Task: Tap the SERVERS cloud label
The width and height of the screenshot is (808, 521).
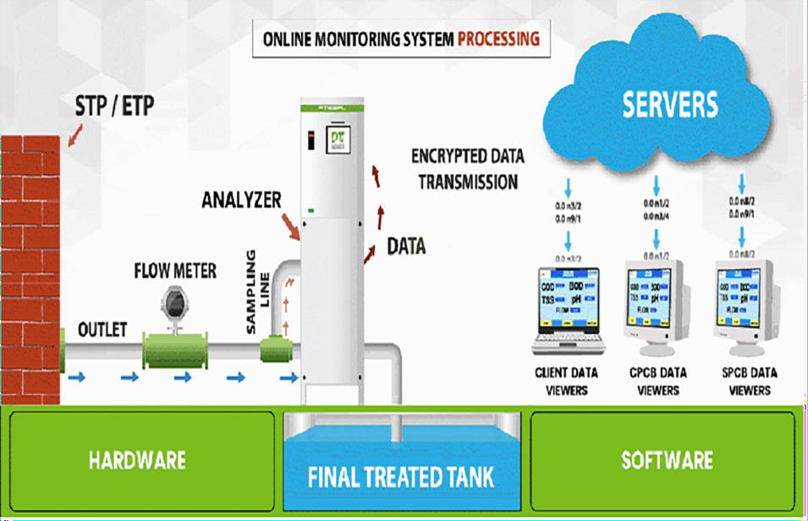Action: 670,104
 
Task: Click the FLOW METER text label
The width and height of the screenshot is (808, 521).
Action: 175,271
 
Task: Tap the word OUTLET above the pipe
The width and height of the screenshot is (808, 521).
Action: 102,329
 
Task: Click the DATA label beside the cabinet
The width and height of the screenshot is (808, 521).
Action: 406,247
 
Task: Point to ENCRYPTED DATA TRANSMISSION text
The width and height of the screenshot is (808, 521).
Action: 468,169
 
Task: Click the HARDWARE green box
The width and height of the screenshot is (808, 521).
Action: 138,461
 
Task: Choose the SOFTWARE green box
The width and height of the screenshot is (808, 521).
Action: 666,461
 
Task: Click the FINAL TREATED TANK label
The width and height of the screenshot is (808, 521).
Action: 400,475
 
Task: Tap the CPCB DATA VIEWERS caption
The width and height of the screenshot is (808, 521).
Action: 657,381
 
